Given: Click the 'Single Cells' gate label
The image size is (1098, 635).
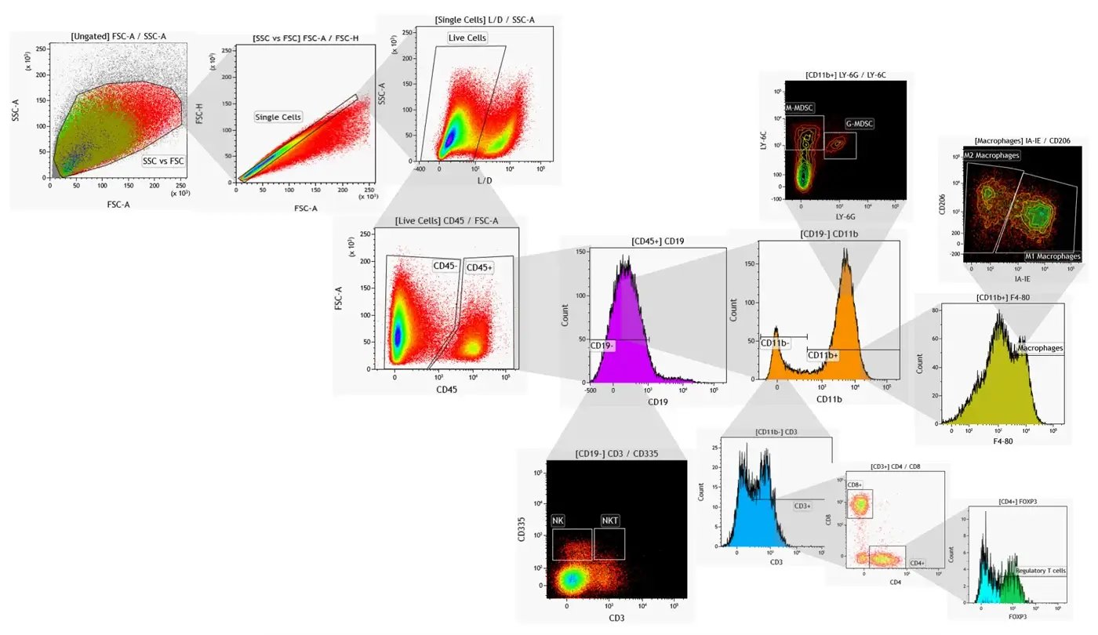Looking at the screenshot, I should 278,117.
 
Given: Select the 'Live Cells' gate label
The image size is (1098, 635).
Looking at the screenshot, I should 467,38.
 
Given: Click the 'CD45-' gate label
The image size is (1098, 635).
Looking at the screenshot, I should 445,266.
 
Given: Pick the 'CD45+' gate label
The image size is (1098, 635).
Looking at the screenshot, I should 480,267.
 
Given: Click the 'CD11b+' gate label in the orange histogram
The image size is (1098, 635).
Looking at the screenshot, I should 823,355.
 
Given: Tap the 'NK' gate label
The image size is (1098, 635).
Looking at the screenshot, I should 558,521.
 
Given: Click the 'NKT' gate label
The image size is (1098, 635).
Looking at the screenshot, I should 609,521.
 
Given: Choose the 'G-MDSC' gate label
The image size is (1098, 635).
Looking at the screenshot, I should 860,124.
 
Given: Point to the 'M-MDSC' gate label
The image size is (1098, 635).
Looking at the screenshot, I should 801,107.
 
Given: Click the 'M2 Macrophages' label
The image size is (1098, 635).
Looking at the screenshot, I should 992,155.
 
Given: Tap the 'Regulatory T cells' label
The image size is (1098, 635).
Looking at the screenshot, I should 1041,571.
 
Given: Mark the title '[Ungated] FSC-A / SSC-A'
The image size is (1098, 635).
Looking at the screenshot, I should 118,36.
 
